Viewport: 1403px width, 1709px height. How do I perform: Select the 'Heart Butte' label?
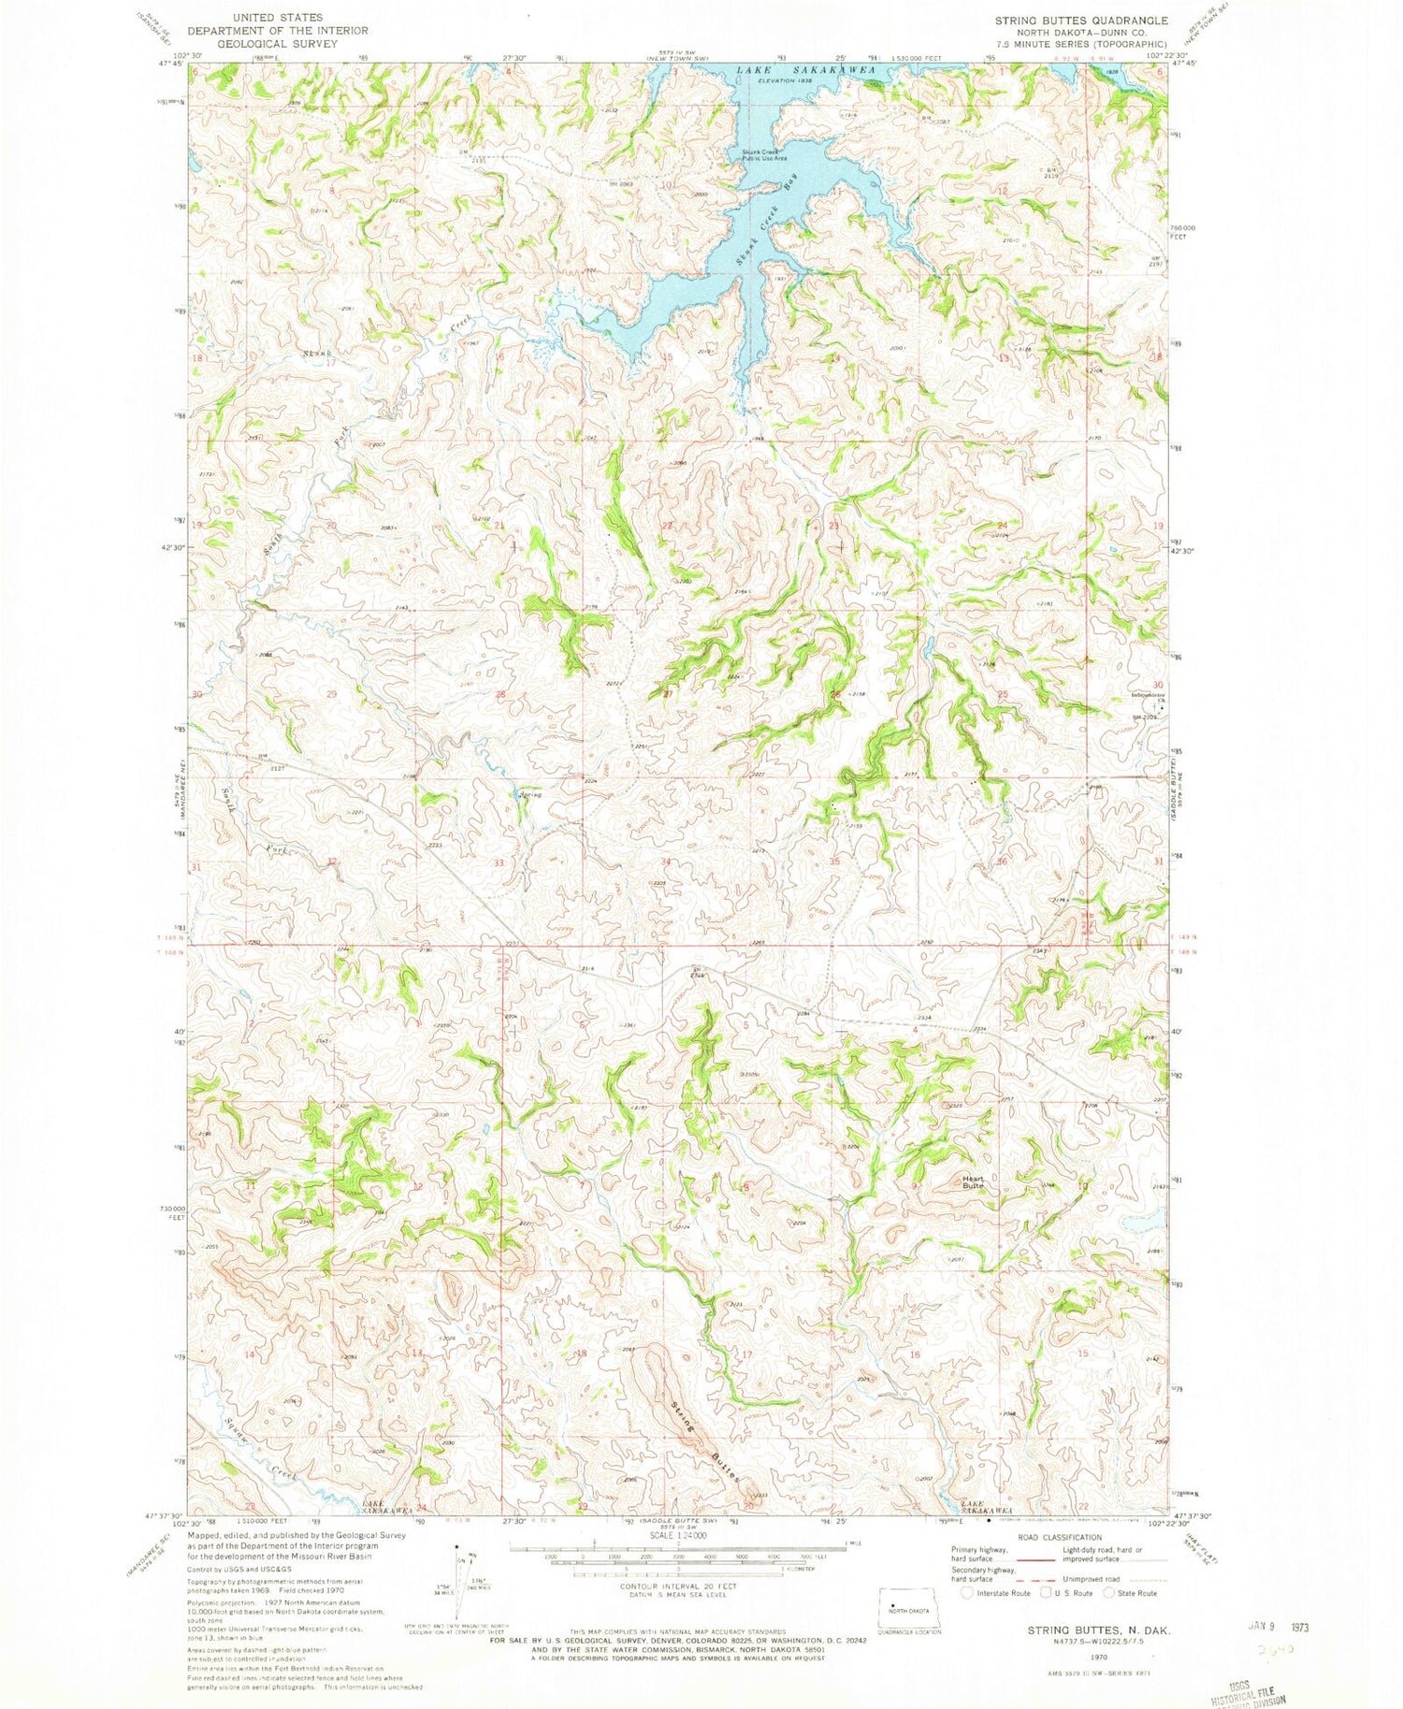(973, 1181)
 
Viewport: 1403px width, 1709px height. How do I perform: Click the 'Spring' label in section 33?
(530, 796)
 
